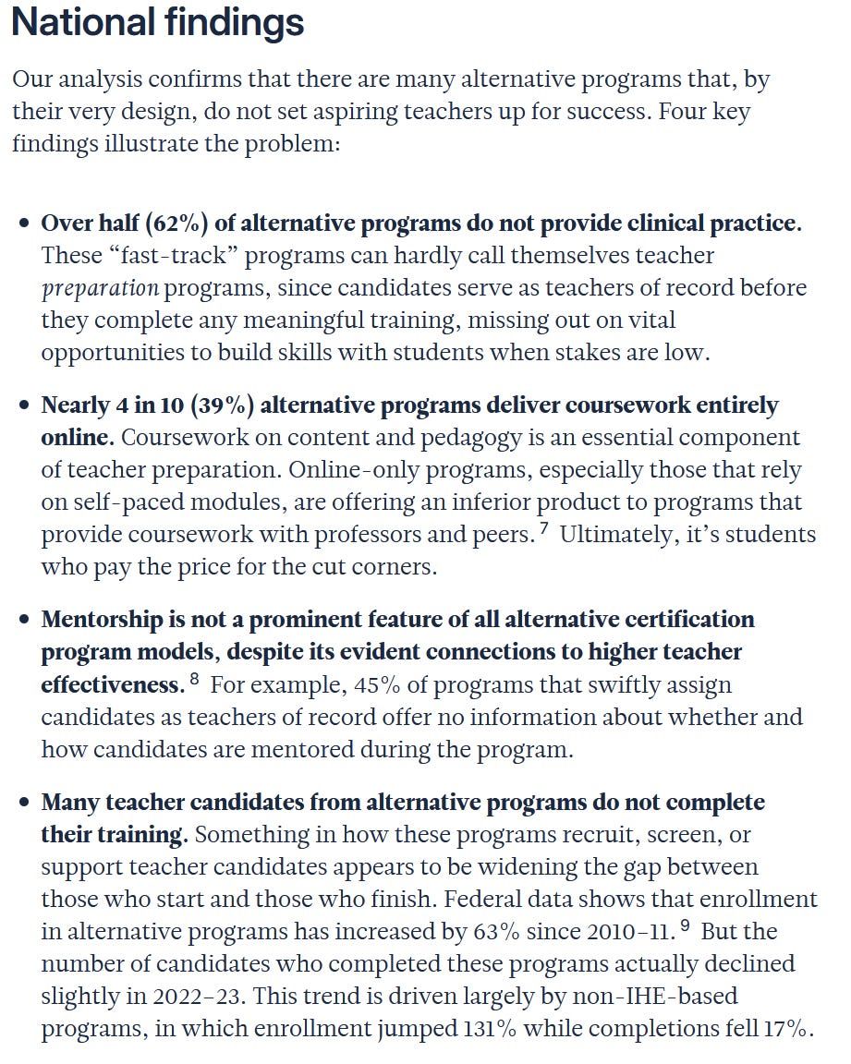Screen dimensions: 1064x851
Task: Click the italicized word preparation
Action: tap(100, 287)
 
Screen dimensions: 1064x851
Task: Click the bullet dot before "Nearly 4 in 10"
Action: tap(25, 407)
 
